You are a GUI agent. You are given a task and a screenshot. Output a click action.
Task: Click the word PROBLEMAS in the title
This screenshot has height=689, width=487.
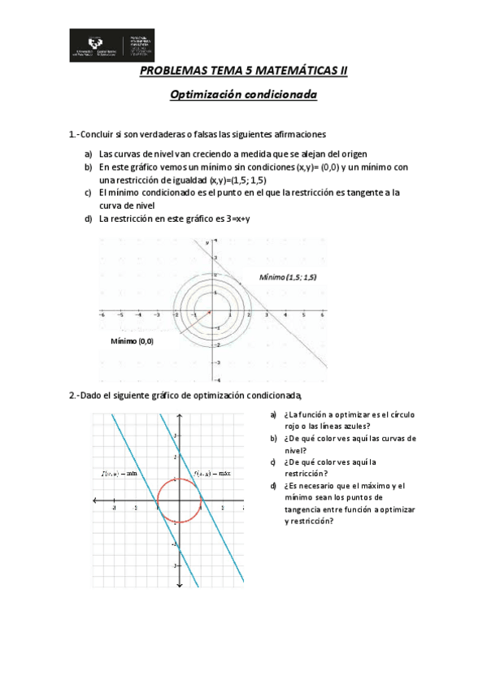[x=174, y=71]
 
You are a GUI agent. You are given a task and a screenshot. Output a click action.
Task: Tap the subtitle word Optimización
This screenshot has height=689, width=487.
[x=205, y=95]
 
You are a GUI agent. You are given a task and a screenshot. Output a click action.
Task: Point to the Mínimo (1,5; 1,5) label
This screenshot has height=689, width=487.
[x=288, y=277]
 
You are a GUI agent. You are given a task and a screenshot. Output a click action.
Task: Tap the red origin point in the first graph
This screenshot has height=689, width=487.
[x=210, y=311]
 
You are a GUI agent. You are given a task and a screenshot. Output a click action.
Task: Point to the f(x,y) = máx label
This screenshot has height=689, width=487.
[x=213, y=473]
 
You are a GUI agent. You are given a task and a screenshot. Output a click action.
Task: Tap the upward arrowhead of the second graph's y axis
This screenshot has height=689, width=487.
[x=179, y=417]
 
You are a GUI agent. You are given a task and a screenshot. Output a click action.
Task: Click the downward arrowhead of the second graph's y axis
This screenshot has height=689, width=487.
[x=179, y=584]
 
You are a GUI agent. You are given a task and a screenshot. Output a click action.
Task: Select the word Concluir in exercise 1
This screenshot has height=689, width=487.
[x=102, y=135]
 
